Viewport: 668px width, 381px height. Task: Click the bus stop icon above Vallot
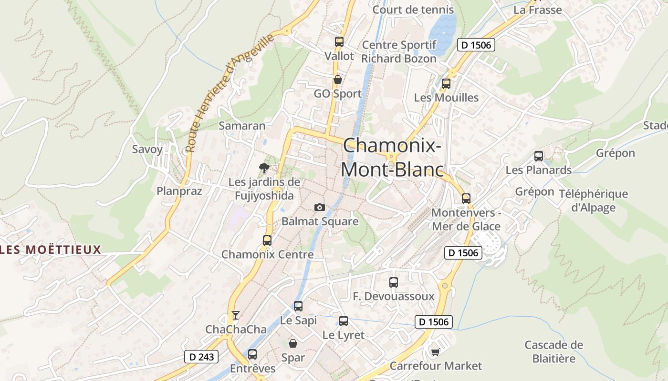click(339, 42)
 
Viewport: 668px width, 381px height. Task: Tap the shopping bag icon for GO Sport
click(337, 80)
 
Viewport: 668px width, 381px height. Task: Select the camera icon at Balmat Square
click(320, 207)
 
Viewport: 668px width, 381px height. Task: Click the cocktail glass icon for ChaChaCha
click(235, 315)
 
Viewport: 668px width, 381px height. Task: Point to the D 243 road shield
click(201, 357)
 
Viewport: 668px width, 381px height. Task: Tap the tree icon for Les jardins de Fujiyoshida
click(264, 168)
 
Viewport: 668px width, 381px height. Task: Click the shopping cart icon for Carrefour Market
click(435, 352)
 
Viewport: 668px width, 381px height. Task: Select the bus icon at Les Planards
click(539, 156)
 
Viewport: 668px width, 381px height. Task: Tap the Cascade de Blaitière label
click(554, 351)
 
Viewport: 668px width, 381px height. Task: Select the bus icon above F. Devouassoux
click(394, 282)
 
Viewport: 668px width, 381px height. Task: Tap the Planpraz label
click(179, 191)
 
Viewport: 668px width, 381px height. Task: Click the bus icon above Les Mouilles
click(446, 84)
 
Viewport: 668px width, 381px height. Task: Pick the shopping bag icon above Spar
click(293, 343)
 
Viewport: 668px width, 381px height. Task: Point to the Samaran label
click(242, 126)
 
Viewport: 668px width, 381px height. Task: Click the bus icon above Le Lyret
click(344, 321)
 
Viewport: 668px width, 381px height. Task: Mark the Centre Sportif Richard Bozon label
click(399, 52)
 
